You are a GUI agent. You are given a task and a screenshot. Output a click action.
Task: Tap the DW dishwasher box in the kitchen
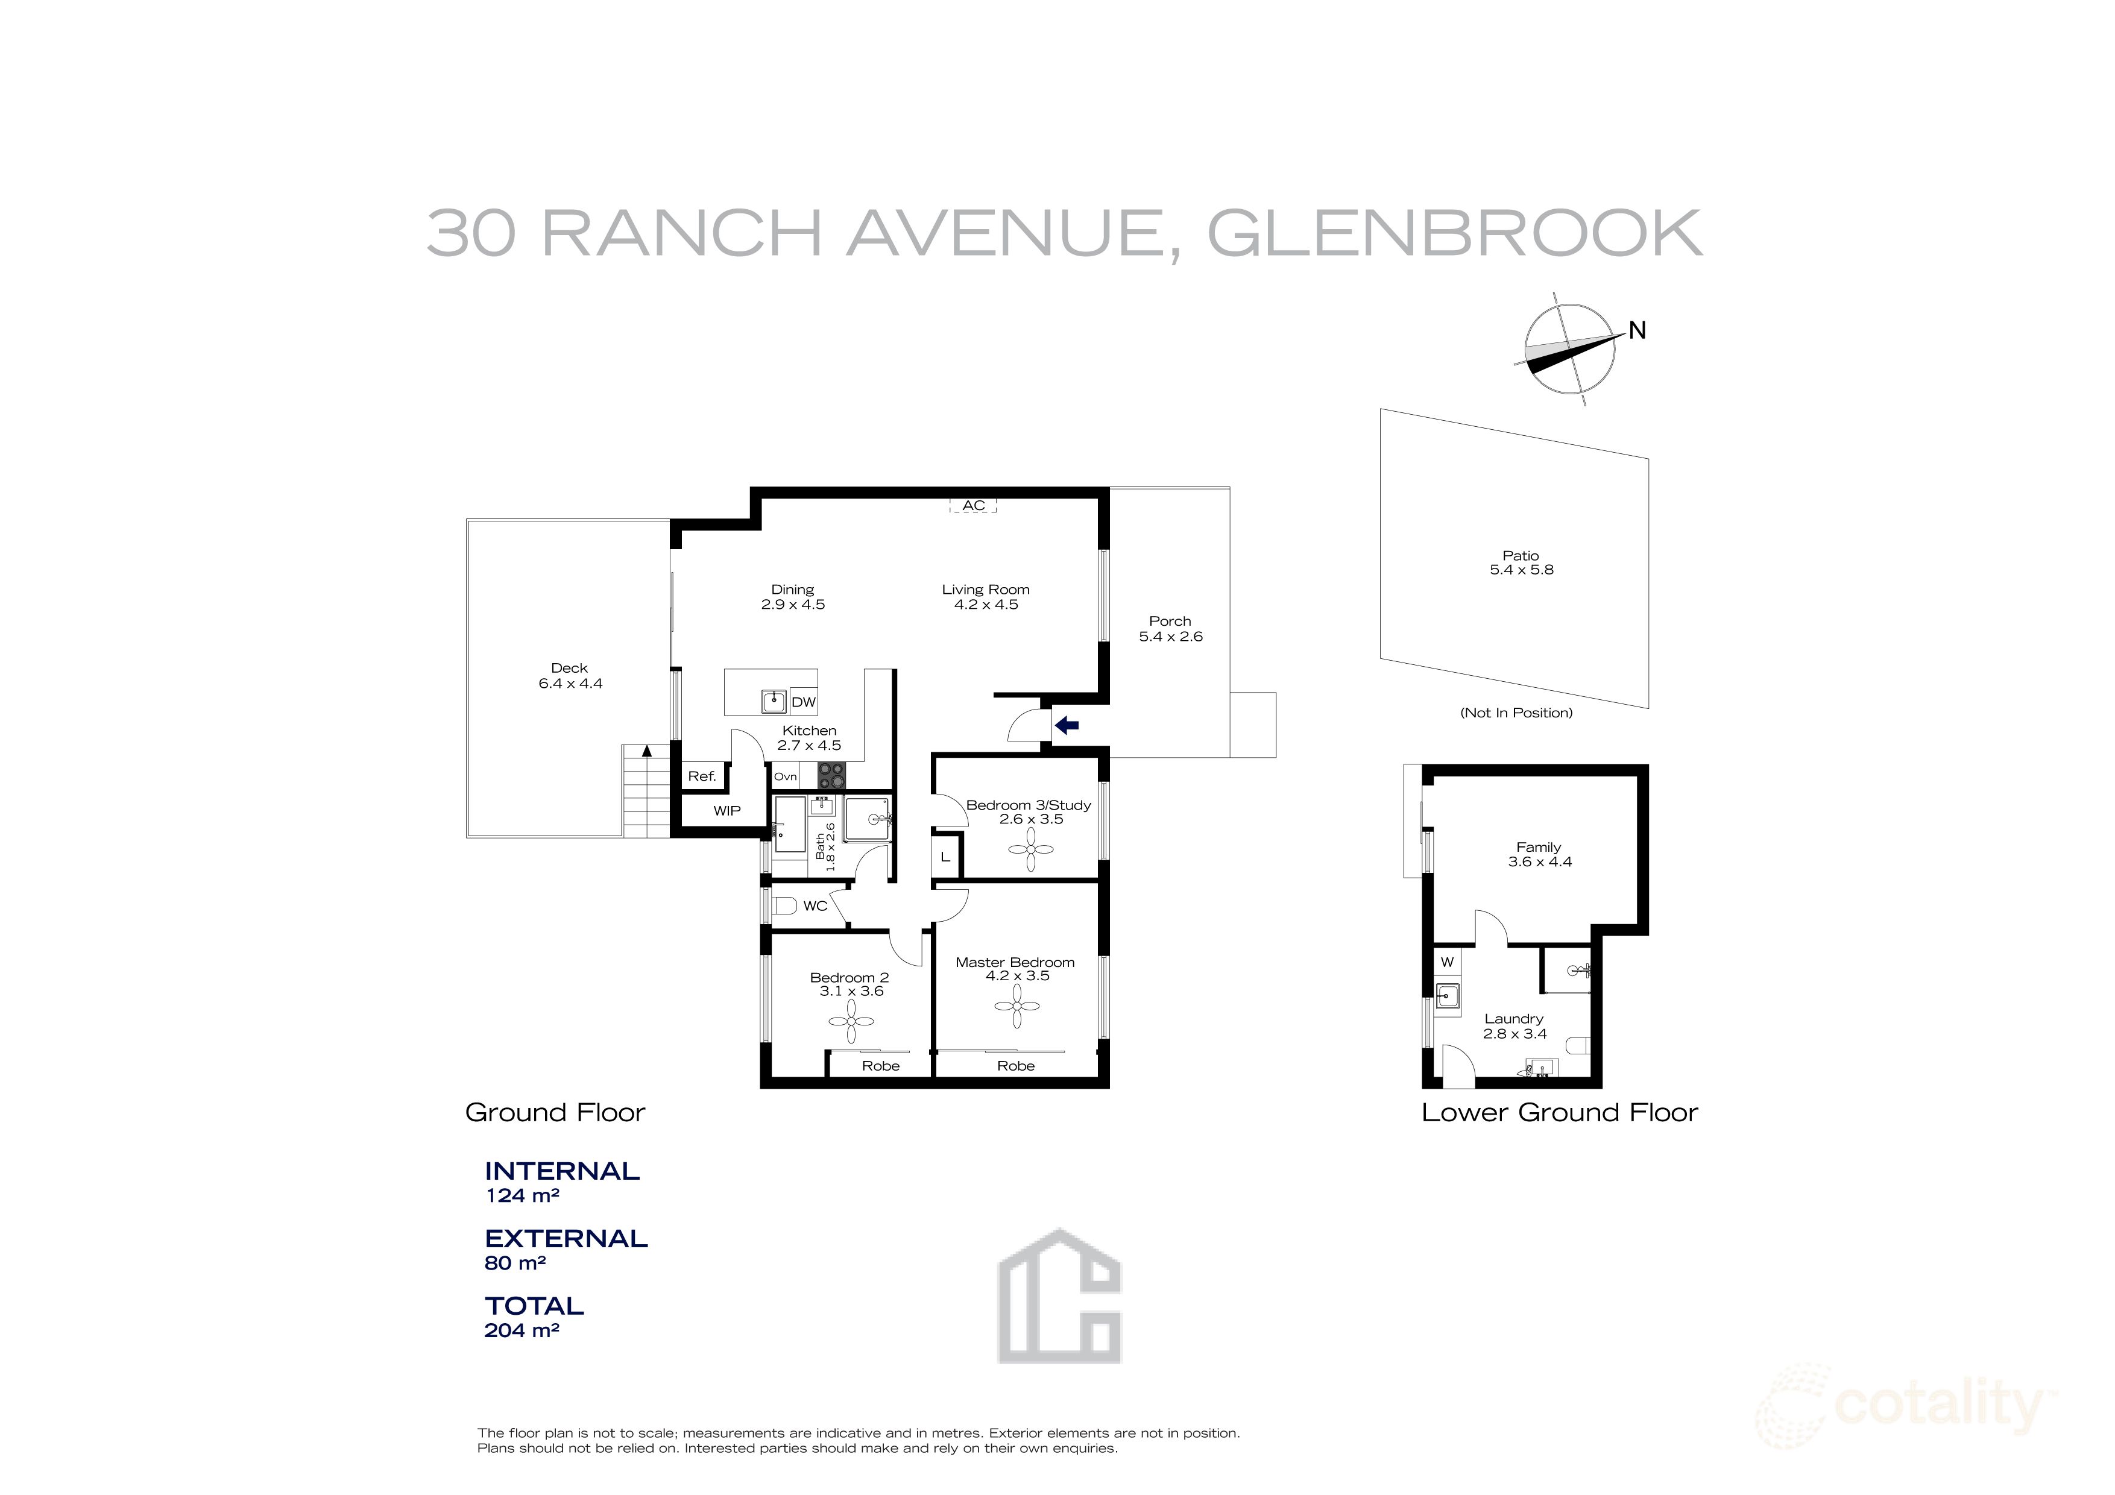coord(803,702)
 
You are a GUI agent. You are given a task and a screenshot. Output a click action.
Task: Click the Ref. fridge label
coord(702,776)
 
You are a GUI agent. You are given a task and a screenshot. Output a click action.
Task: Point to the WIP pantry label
coord(727,811)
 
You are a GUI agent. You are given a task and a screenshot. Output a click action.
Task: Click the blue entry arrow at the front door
coord(1067,725)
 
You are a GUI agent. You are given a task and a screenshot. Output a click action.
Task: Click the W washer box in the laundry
coord(1447,962)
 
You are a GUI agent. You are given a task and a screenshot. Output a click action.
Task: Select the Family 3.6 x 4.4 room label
coord(1539,854)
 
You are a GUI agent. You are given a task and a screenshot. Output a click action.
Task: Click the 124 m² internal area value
coord(522,1195)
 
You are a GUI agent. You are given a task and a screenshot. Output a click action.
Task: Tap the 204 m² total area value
coord(522,1330)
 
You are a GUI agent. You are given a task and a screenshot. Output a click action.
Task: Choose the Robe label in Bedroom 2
coord(881,1066)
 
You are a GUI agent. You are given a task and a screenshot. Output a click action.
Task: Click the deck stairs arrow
coord(647,751)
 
